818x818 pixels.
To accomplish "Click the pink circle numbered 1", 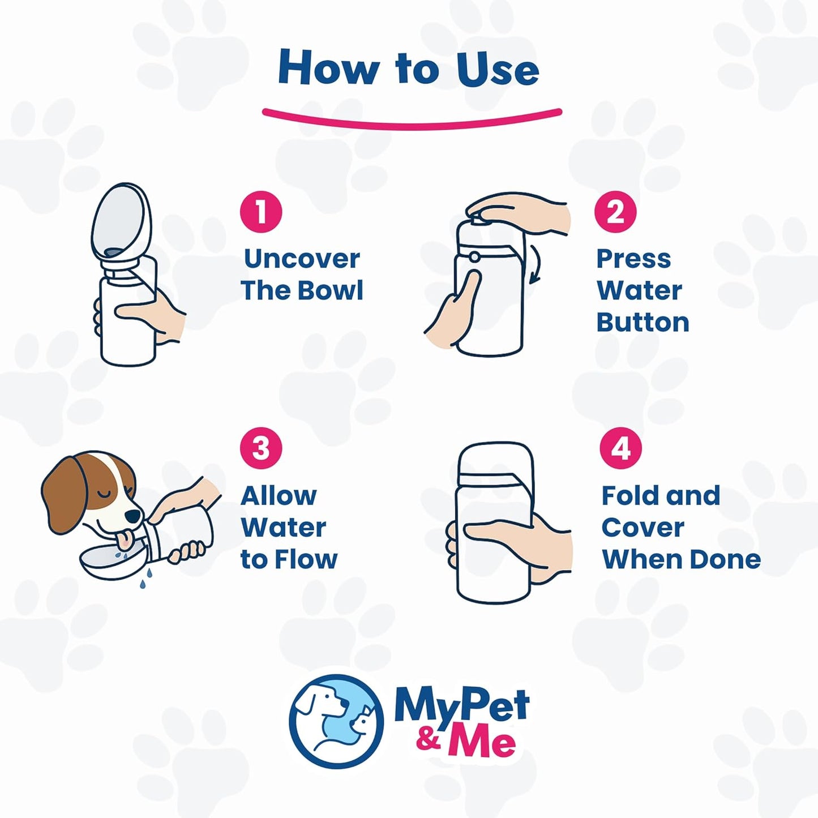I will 260,212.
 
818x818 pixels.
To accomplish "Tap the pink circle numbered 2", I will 615,212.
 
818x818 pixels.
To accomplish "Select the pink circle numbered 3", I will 260,448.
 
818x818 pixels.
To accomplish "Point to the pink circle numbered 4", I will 621,448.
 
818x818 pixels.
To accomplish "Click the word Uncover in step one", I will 302,259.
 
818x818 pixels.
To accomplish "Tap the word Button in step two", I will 643,322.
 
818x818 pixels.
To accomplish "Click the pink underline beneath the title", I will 412,118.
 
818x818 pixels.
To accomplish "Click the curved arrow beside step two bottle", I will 534,264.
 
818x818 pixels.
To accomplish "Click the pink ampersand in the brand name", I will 429,740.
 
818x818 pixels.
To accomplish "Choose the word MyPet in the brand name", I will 461,706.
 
